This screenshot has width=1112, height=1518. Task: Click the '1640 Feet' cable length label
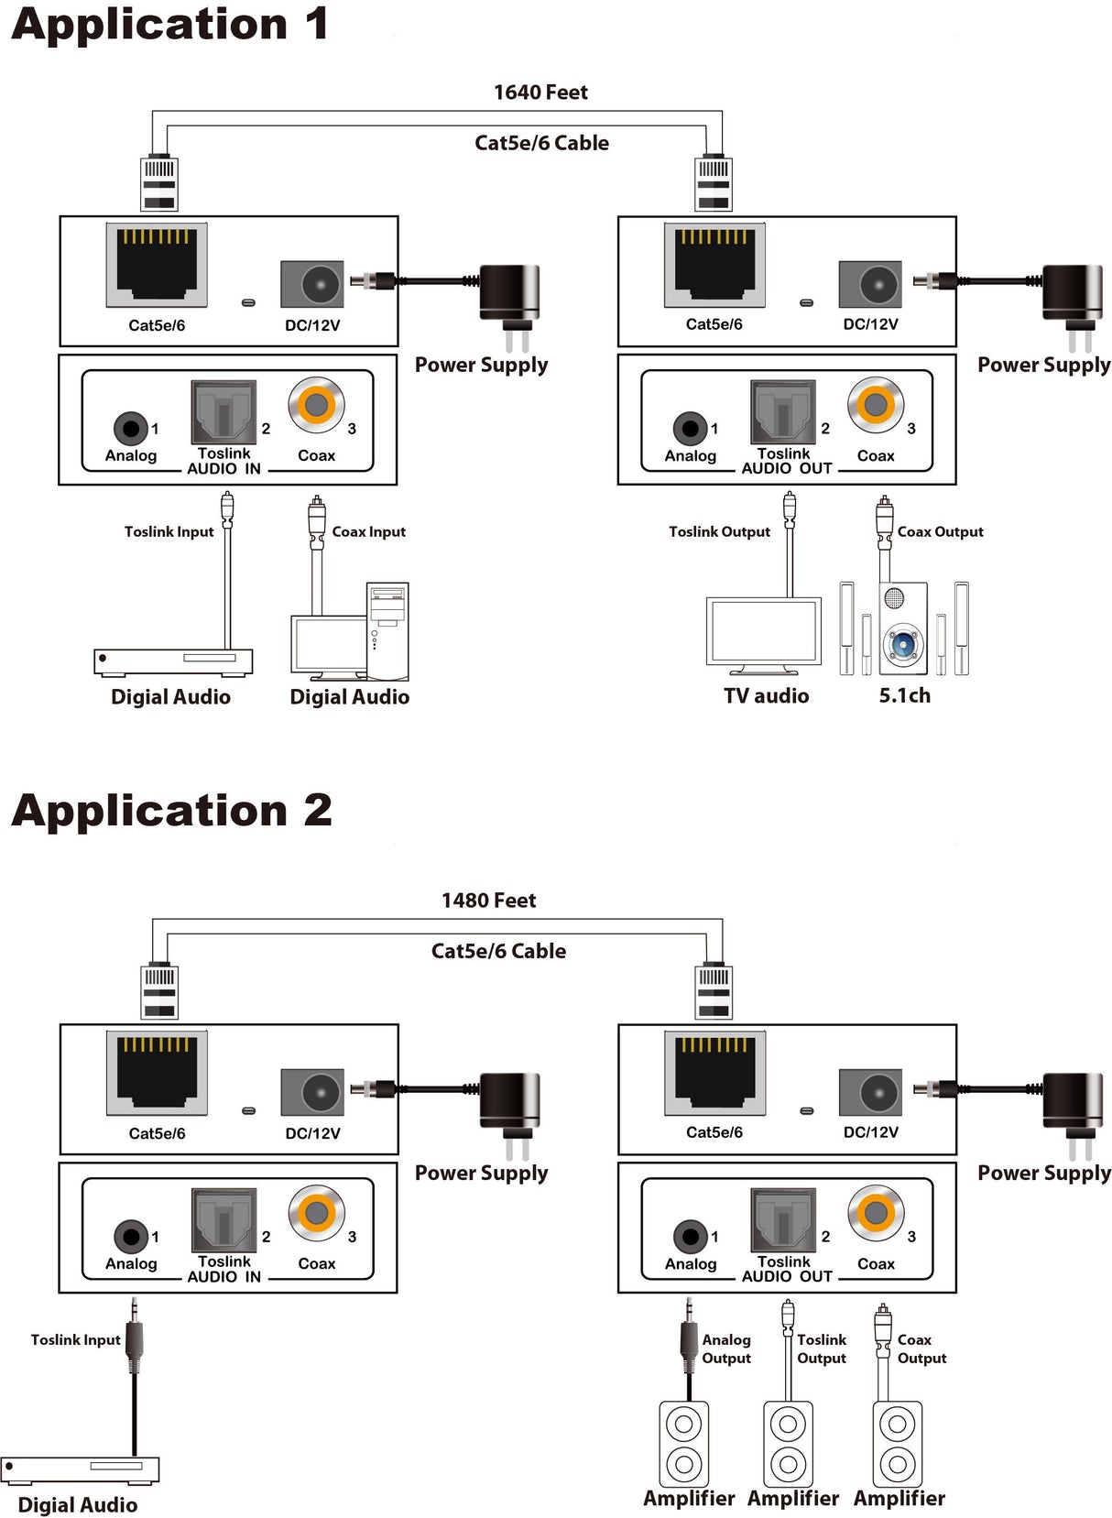point(540,93)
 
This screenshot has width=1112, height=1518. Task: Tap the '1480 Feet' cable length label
point(488,901)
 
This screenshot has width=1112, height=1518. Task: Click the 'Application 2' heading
point(171,811)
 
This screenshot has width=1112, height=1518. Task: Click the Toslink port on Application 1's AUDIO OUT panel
point(783,412)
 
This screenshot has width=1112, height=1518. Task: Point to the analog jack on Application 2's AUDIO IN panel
point(130,1236)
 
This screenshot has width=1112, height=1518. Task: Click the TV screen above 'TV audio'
point(764,630)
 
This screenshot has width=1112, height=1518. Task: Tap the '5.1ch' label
point(904,696)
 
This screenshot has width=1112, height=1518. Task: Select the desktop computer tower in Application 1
point(387,630)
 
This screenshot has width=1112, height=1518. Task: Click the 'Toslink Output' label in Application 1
point(719,532)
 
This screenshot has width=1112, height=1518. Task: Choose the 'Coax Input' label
point(368,532)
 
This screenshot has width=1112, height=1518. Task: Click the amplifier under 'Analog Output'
point(683,1444)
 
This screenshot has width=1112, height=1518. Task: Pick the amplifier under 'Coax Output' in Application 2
point(898,1444)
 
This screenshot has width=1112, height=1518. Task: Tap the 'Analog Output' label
point(726,1349)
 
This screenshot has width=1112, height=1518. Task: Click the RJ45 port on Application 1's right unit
point(714,265)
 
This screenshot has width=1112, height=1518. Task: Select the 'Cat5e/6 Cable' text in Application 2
point(498,951)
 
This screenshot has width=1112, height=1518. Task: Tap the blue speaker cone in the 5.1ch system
point(903,643)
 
